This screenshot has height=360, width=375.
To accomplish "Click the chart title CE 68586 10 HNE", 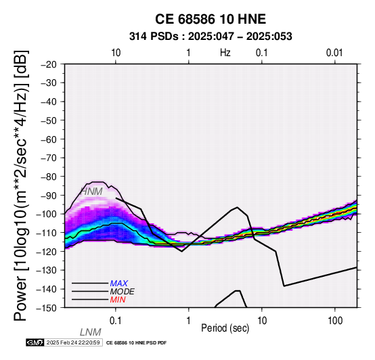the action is [x=211, y=19].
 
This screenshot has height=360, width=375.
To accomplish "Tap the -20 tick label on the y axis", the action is [x=49, y=64].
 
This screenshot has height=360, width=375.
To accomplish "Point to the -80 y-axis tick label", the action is [x=49, y=177].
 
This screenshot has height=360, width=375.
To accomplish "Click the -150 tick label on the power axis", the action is [x=47, y=308].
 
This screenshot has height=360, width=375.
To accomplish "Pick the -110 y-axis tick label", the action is [x=47, y=233].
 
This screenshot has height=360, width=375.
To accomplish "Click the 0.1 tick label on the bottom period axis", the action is [x=116, y=321].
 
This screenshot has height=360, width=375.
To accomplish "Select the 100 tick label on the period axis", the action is [x=335, y=321].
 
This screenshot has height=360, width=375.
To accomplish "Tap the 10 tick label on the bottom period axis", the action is [x=262, y=321].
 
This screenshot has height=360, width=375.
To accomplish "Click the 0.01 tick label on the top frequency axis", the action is [x=334, y=53].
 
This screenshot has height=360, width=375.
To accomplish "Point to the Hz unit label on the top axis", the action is [x=225, y=53].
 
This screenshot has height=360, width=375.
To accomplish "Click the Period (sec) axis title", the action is [x=225, y=328].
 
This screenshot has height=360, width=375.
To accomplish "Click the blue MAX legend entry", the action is [x=119, y=284].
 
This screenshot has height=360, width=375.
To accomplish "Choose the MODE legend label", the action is [x=123, y=292].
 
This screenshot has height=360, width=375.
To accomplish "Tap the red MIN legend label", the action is [x=118, y=300].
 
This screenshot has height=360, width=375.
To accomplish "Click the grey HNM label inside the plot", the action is [x=92, y=192].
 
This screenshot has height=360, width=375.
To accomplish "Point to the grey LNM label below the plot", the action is [x=91, y=332].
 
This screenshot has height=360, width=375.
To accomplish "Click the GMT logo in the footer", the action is [x=35, y=342].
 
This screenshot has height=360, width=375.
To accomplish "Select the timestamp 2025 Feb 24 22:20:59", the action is [x=73, y=342].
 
